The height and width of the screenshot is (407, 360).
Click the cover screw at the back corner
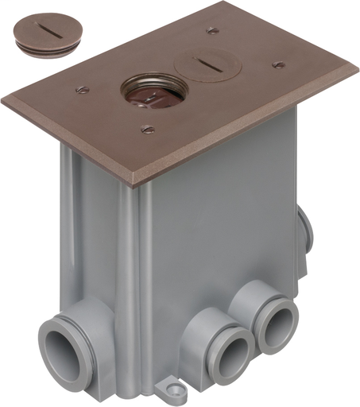213,31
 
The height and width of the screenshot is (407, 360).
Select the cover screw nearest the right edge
278,64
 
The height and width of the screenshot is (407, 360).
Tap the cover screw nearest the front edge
147,129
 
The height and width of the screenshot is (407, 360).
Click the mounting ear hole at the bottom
167,390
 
